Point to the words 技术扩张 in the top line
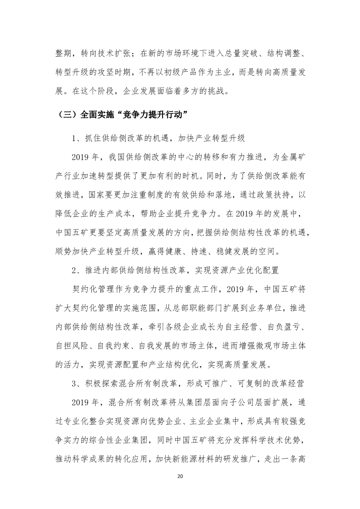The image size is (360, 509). [113, 54]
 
